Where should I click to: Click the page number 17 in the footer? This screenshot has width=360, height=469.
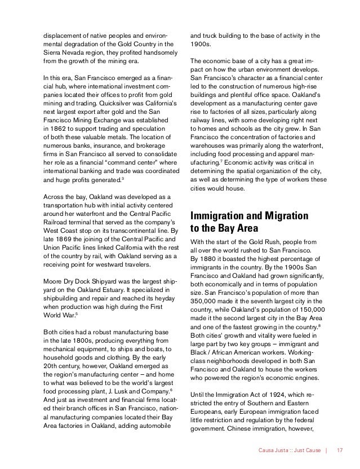[x=340, y=450]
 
